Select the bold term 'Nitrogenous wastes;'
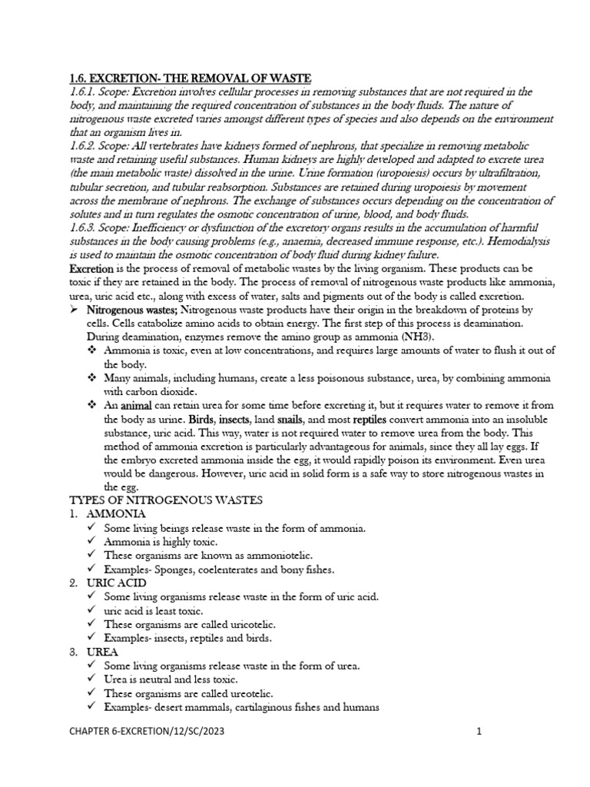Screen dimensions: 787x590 tap(131, 309)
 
